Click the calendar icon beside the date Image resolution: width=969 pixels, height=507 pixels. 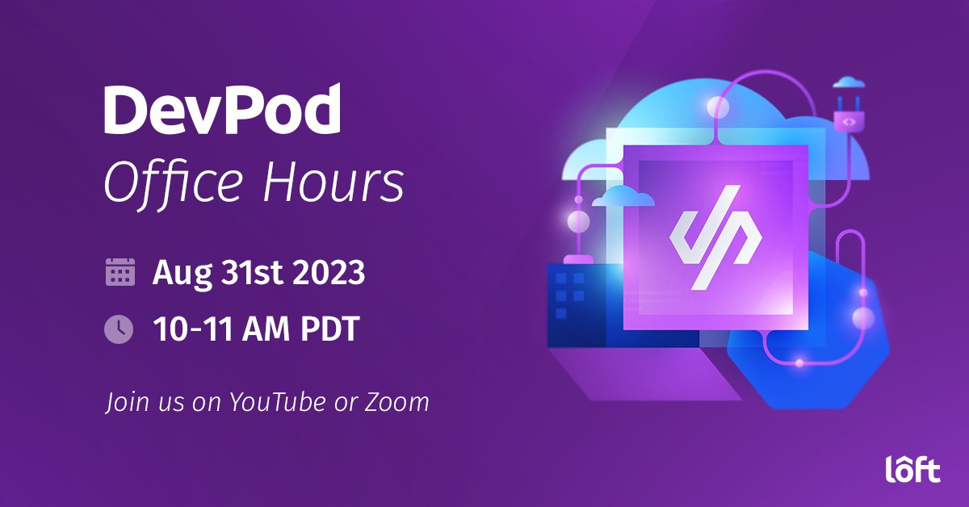120,272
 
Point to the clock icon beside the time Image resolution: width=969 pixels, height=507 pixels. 120,329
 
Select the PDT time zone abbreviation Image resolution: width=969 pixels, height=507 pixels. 325,329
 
